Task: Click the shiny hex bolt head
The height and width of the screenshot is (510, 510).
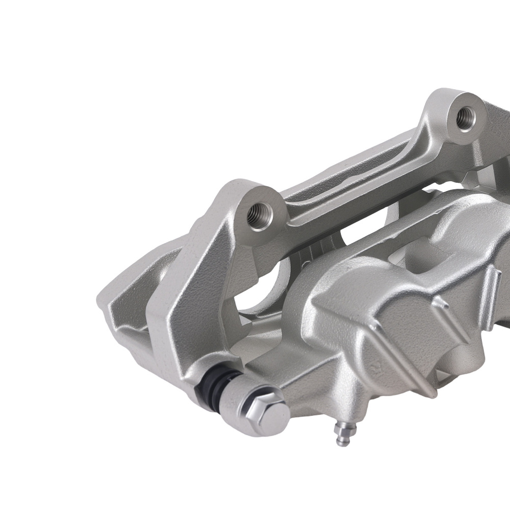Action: [x=266, y=410]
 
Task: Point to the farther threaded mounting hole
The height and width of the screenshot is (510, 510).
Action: [x=465, y=118]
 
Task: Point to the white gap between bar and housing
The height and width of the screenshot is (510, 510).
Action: [x=357, y=235]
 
